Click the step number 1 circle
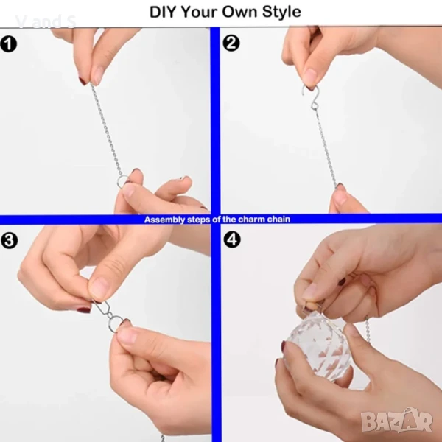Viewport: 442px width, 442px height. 9,44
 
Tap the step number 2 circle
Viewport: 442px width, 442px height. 231,43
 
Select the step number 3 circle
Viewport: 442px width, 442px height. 10,240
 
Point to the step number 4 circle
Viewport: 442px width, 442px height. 232,239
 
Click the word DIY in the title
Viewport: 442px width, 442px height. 163,12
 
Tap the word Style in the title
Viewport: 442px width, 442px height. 281,12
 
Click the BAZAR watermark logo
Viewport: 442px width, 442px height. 396,420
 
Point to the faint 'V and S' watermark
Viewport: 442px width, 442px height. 46,21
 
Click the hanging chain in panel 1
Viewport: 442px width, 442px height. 106,129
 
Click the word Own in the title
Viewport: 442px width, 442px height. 240,12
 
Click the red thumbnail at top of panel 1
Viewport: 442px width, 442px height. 83,81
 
